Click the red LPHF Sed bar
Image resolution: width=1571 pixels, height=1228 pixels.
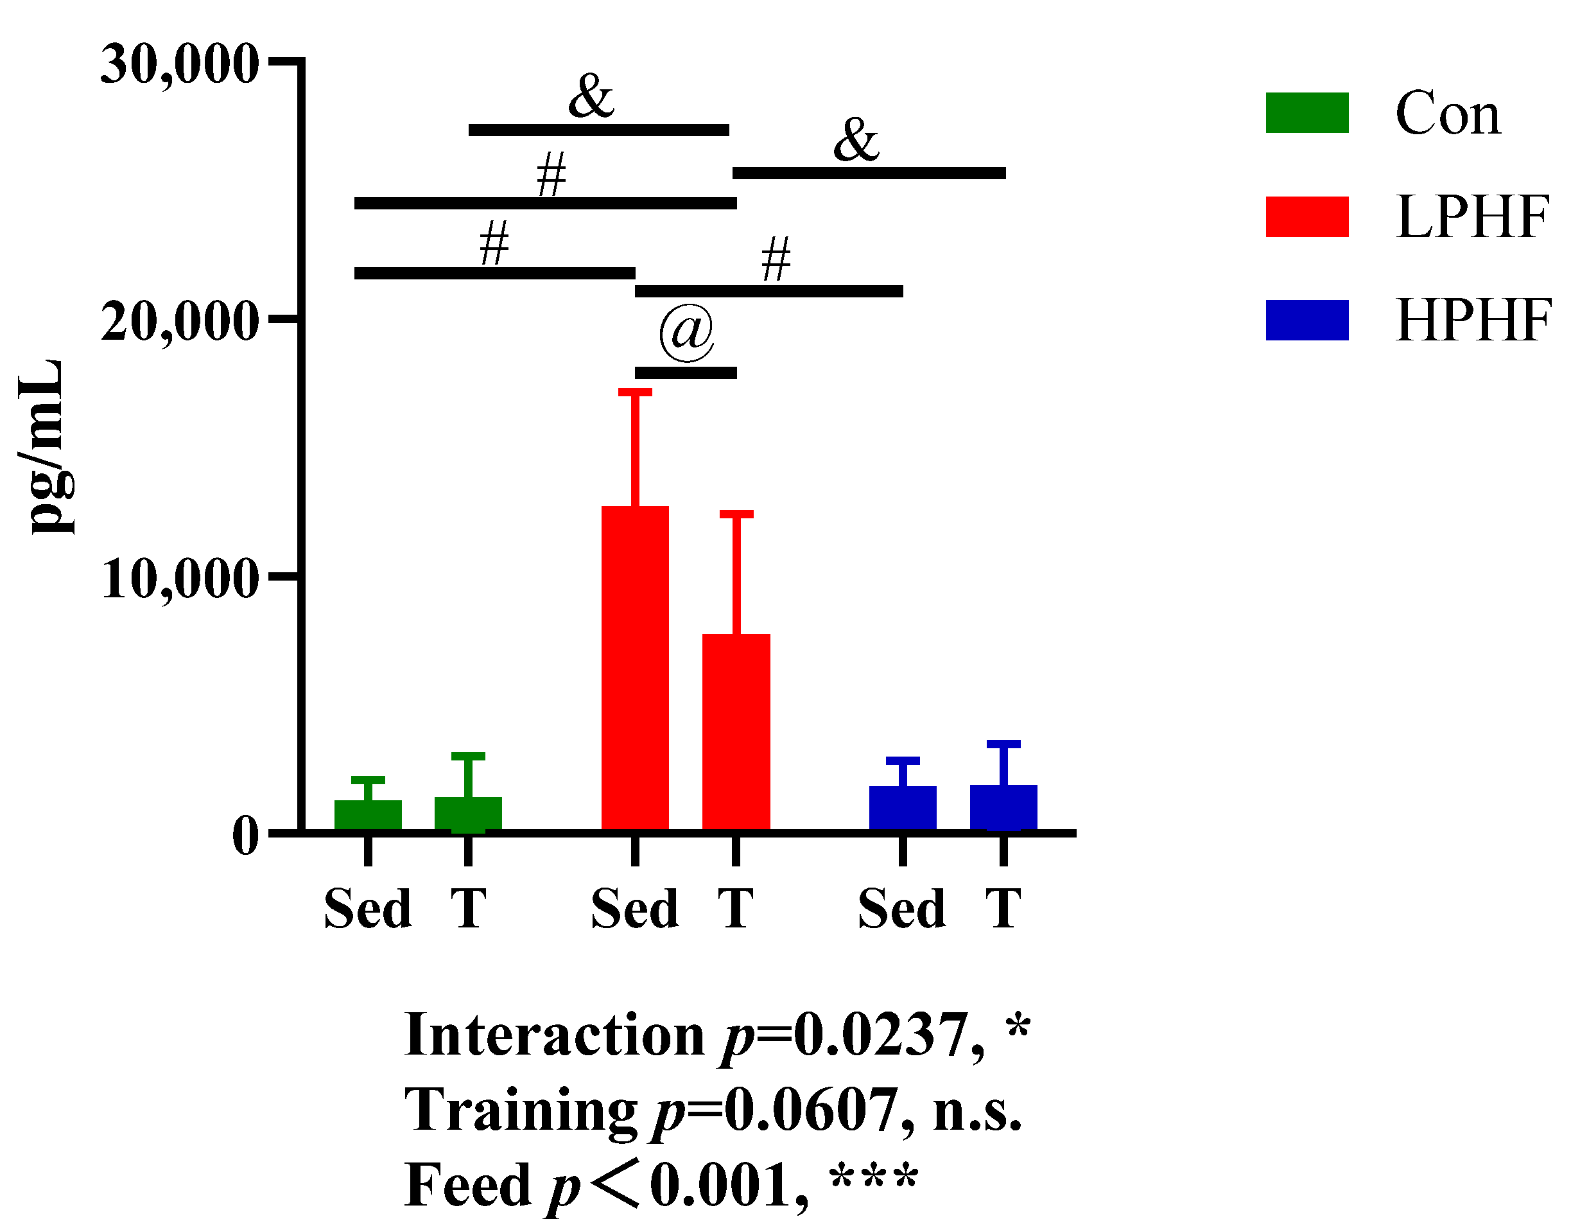[x=634, y=669]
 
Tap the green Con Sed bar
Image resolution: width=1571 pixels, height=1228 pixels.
[x=368, y=816]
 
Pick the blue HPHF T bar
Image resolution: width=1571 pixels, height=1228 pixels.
[x=1003, y=808]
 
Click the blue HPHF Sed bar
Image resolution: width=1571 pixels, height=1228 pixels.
[x=902, y=809]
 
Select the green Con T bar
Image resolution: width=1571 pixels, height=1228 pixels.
[x=467, y=814]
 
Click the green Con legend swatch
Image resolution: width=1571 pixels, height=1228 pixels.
[x=1306, y=113]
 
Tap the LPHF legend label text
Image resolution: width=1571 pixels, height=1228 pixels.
[x=1471, y=216]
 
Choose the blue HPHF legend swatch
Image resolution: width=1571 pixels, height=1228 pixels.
[x=1306, y=320]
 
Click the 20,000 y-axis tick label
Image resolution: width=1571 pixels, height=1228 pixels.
[x=179, y=322]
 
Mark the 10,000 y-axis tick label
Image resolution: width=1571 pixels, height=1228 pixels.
[x=179, y=579]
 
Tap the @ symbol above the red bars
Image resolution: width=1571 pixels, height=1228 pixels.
[x=686, y=331]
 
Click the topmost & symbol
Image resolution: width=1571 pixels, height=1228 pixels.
[x=591, y=97]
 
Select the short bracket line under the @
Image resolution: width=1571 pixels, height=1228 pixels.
[x=686, y=373]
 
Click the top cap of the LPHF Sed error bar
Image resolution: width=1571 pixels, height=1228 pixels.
[x=634, y=392]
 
